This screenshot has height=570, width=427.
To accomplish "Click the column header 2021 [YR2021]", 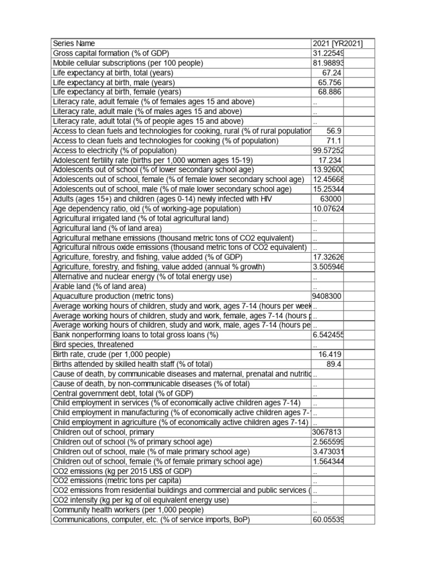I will (338, 43).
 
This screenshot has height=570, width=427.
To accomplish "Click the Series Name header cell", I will (74, 43).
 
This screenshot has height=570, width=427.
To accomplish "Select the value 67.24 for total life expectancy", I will (331, 73).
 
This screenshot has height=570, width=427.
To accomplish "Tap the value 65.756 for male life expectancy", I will (330, 82).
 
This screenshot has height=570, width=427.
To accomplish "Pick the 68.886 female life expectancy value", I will (330, 92).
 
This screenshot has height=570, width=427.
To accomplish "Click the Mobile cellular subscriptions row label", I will (128, 63).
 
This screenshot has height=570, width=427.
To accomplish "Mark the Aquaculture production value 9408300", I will (327, 296).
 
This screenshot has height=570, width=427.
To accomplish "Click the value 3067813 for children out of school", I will (327, 432).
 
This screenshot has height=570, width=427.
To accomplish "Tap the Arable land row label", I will (100, 286).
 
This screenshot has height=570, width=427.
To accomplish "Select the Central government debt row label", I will (122, 393).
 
